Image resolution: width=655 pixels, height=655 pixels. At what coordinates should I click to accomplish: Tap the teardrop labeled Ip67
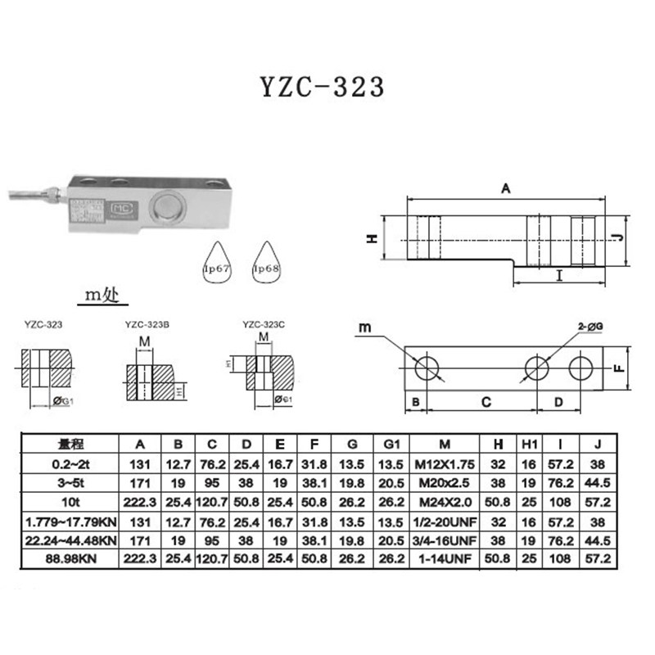[219, 265]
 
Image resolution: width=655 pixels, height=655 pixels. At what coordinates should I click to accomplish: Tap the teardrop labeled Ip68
[267, 265]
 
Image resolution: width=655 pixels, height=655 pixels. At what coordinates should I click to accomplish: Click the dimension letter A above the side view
[506, 189]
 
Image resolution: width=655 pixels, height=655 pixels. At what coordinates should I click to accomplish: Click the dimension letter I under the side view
[558, 275]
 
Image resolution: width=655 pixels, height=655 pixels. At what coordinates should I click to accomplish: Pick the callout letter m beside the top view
[364, 329]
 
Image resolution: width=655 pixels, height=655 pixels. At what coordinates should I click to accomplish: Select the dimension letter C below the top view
[485, 403]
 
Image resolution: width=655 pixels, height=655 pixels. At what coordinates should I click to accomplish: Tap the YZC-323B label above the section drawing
[147, 324]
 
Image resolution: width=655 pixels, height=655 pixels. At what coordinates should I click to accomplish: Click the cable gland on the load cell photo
[51, 195]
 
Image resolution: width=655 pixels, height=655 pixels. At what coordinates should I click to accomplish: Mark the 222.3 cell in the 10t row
[140, 499]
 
